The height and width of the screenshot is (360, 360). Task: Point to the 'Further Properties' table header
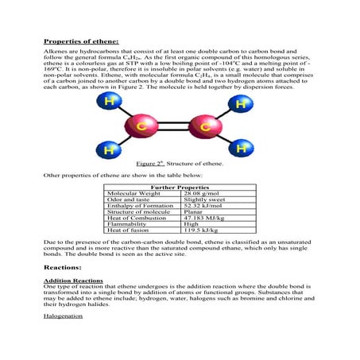tap(180, 187)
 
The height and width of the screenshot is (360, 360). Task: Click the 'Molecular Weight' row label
tap(133, 193)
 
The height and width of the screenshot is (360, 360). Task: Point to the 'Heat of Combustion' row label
tap(136, 219)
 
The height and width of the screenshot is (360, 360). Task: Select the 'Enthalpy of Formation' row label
tap(138, 206)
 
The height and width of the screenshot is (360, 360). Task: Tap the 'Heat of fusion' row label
tap(128, 231)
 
